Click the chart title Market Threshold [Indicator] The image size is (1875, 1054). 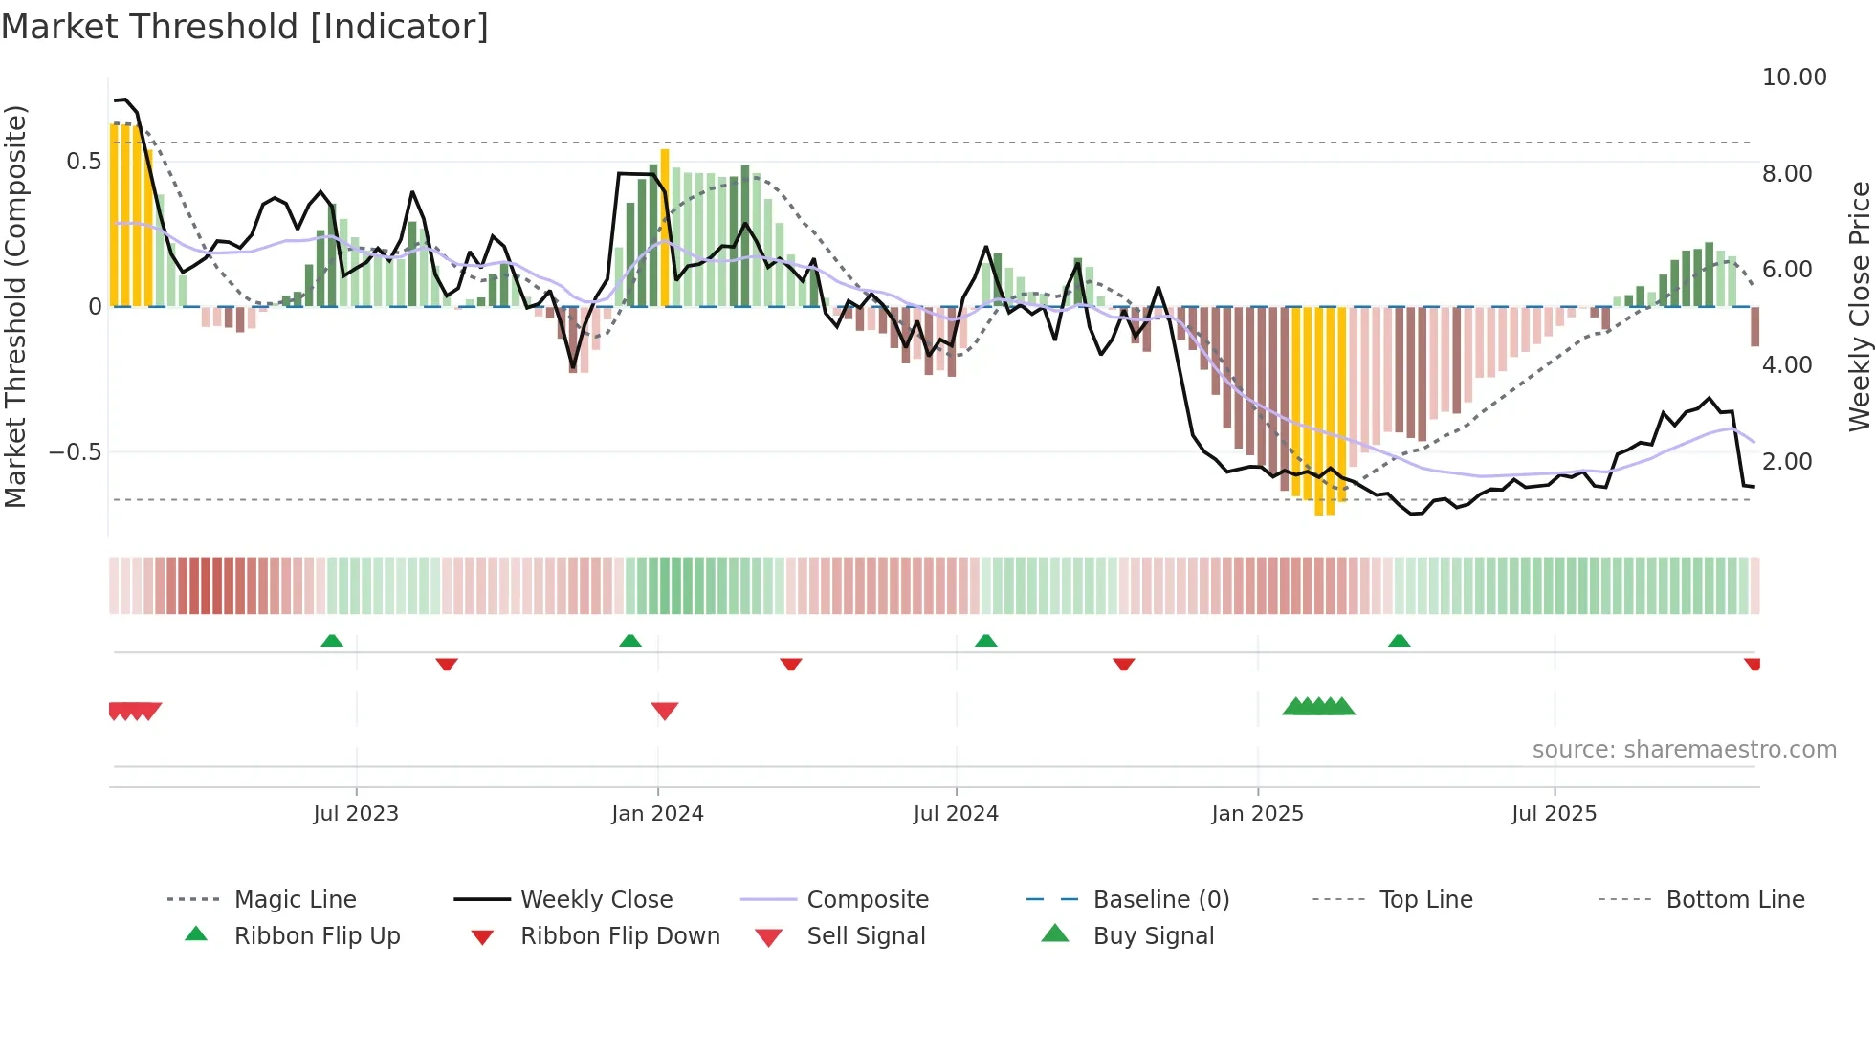point(245,27)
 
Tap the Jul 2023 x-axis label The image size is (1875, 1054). point(356,814)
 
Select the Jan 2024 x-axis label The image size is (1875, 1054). point(657,814)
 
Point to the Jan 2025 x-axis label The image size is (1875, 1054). point(1257,814)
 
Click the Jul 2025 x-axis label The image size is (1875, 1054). point(1554,814)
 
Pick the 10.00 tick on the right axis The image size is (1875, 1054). point(1794,77)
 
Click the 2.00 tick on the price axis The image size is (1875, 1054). point(1786,462)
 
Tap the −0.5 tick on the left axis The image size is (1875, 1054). point(75,451)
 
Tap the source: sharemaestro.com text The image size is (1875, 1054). point(1684,750)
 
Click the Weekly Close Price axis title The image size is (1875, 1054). point(1859,306)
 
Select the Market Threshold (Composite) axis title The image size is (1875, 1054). point(15,306)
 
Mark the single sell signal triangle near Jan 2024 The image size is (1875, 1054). point(664,711)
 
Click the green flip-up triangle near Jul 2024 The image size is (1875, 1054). point(985,640)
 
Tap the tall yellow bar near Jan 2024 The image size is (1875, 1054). point(665,228)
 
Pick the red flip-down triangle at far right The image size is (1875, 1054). point(1752,664)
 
